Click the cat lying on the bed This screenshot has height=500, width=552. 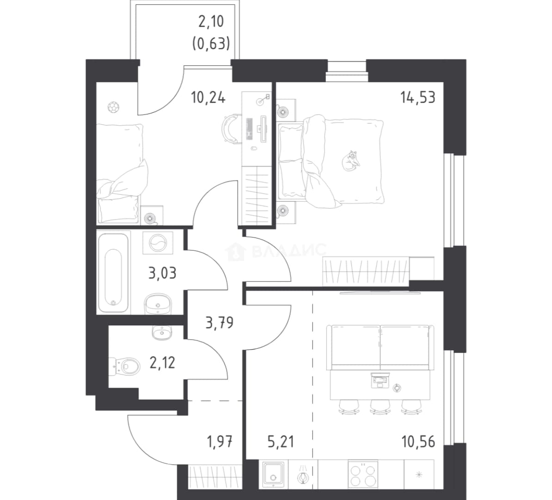coord(351,161)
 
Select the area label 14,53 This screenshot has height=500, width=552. coord(417,97)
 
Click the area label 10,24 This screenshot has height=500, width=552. coord(208,97)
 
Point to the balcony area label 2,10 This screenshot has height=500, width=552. coord(211,22)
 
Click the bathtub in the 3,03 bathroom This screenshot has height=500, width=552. coord(113,273)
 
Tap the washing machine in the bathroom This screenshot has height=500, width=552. coord(158,243)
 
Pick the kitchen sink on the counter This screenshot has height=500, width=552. coord(273,475)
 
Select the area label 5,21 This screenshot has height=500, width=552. coord(281,442)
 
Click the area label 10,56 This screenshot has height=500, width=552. coord(418,442)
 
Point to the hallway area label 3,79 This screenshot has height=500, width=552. coord(219,323)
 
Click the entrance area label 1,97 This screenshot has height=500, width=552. coord(220,442)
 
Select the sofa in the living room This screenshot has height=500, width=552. coord(380,347)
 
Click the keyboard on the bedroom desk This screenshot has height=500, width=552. coord(250,129)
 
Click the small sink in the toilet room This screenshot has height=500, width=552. coord(162,332)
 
